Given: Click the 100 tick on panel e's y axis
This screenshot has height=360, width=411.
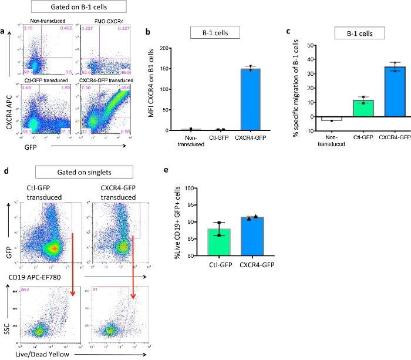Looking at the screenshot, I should [190, 188].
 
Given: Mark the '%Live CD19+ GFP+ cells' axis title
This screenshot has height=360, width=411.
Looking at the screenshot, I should [177, 222].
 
